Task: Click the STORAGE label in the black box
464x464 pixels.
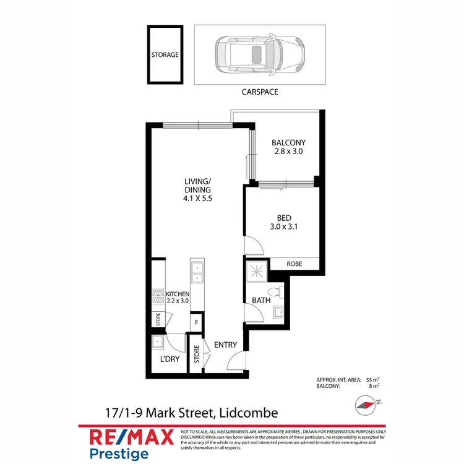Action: coord(165,54)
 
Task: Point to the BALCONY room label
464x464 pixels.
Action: coord(289,142)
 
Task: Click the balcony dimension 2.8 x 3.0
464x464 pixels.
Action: coord(289,151)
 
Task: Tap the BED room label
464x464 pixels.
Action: coord(284,217)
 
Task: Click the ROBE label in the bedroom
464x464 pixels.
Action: coord(294,264)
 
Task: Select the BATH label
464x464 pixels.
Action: coord(260,301)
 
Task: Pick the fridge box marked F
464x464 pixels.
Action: coord(197,322)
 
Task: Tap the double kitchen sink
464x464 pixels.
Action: coord(197,273)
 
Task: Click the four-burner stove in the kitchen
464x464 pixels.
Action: coord(157,297)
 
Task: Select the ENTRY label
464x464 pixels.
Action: coord(223,344)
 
